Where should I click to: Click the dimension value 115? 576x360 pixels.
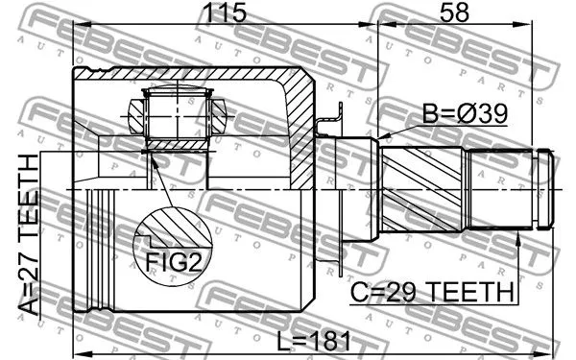coord(223,14)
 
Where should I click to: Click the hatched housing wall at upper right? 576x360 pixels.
coord(298,106)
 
